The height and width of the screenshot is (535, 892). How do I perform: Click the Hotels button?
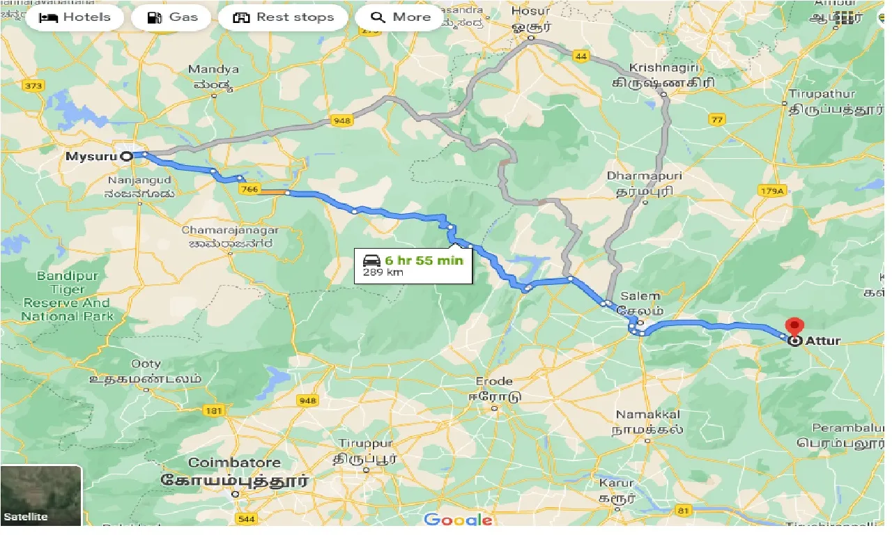pyautogui.click(x=75, y=17)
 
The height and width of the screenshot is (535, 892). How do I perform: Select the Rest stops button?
pyautogui.click(x=283, y=17)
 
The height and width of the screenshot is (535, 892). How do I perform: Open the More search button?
pyautogui.click(x=400, y=17)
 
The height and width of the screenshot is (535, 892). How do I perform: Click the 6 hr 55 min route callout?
pyautogui.click(x=413, y=265)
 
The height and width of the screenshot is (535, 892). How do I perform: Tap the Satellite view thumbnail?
pyautogui.click(x=41, y=495)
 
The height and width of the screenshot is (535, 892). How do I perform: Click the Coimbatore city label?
pyautogui.click(x=235, y=463)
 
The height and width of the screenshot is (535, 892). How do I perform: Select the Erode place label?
pyautogui.click(x=494, y=381)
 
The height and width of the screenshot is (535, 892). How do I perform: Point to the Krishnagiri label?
pyautogui.click(x=662, y=68)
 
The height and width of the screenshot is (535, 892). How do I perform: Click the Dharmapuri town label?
pyautogui.click(x=645, y=176)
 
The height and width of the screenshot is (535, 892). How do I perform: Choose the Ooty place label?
pyautogui.click(x=146, y=364)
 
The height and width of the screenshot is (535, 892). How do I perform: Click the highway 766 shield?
pyautogui.click(x=249, y=189)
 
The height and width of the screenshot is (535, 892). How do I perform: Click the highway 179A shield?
pyautogui.click(x=773, y=191)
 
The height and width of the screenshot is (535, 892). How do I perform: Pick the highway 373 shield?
pyautogui.click(x=32, y=86)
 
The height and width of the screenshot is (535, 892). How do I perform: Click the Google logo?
pyautogui.click(x=458, y=520)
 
